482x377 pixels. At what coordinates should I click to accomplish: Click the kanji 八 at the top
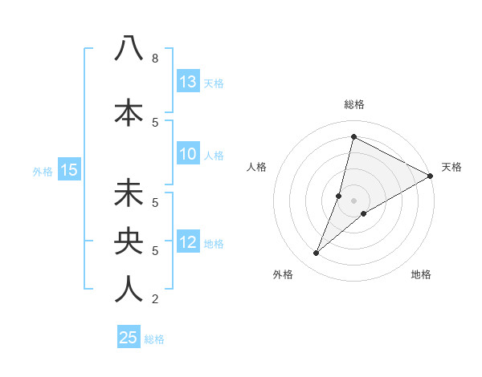pos(129,48)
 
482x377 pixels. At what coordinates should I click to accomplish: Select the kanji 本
pos(129,111)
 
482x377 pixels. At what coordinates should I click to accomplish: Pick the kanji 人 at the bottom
pos(129,288)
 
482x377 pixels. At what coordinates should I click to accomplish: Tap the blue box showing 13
pos(188,82)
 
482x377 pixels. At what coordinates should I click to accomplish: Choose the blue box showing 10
pos(188,155)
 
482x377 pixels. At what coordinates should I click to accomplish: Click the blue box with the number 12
pos(188,243)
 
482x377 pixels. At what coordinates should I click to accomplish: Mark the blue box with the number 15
pos(68,170)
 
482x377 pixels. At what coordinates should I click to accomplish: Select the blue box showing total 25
pos(129,338)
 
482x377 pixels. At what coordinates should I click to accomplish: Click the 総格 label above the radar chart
pos(353,104)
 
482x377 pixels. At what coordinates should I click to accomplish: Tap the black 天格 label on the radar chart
pos(451,167)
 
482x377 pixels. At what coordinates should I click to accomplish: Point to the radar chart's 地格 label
pos(421,274)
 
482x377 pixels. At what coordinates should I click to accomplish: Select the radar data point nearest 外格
pos(317,253)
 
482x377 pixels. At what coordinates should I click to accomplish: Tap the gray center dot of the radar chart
pos(353,201)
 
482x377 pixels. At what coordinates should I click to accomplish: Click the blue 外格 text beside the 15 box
pos(42,171)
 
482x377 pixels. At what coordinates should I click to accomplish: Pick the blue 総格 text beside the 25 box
pos(154,339)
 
